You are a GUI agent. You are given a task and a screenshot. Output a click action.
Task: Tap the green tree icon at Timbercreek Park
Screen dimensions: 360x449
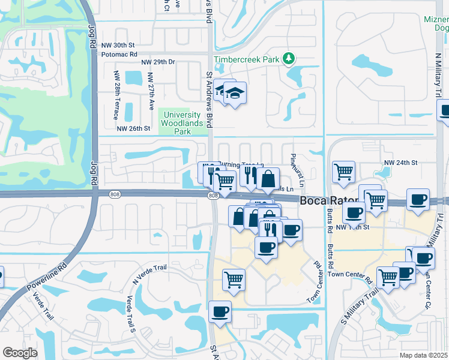pos(290,58)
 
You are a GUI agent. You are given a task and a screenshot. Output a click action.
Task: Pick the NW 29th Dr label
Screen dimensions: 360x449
pos(157,62)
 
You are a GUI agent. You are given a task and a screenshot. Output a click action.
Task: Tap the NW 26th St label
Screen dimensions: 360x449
pos(133,128)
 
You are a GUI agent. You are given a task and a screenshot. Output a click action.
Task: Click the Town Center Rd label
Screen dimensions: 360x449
pos(351,275)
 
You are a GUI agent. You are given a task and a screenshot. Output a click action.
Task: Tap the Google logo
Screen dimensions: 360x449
pos(20,352)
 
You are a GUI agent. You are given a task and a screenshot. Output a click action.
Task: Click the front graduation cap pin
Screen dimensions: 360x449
pos(235,93)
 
